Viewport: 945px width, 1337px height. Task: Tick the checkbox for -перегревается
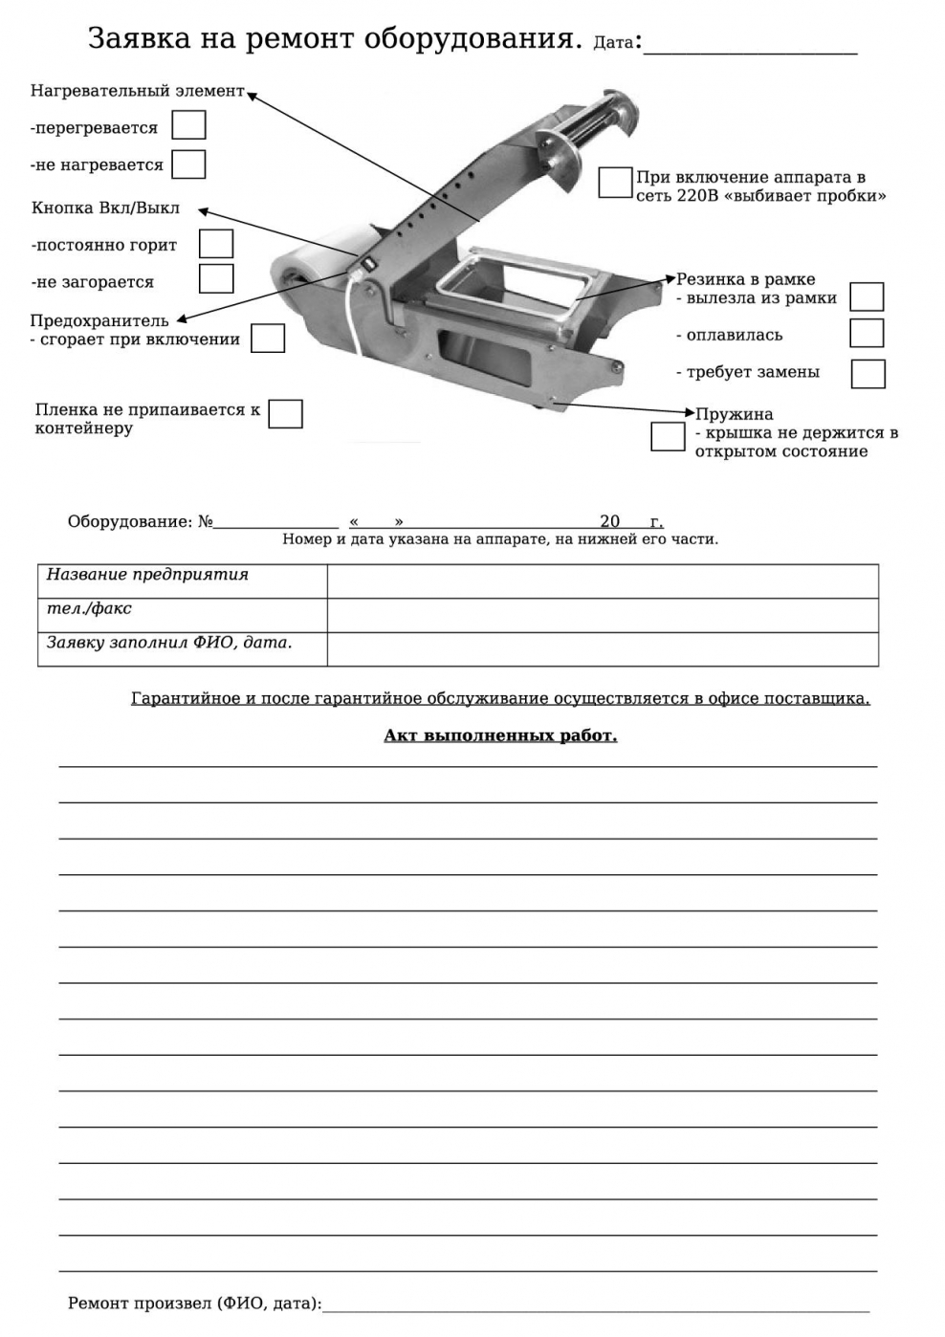[x=188, y=125]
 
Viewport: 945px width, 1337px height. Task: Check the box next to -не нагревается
[x=188, y=164]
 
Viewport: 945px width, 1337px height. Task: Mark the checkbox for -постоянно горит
[x=216, y=244]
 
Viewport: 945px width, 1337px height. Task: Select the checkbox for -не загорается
[x=216, y=278]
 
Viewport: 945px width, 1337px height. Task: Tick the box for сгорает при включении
[x=268, y=339]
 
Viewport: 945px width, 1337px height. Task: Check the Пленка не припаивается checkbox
[x=285, y=414]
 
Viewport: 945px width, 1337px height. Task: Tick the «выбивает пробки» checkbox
[x=615, y=183]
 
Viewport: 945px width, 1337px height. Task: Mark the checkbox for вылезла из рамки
[x=867, y=296]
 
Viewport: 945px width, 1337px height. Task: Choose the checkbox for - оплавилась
[x=867, y=333]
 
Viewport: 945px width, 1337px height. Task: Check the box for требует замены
[x=868, y=373]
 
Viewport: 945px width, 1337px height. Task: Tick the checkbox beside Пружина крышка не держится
[x=668, y=436]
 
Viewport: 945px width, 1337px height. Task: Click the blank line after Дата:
[x=750, y=46]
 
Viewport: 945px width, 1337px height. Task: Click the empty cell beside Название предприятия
[x=603, y=581]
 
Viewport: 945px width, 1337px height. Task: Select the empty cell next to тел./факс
[x=603, y=615]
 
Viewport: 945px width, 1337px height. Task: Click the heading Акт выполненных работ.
[x=500, y=735]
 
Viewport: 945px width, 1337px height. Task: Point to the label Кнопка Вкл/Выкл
[x=105, y=208]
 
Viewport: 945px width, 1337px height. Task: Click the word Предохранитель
[x=99, y=320]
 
